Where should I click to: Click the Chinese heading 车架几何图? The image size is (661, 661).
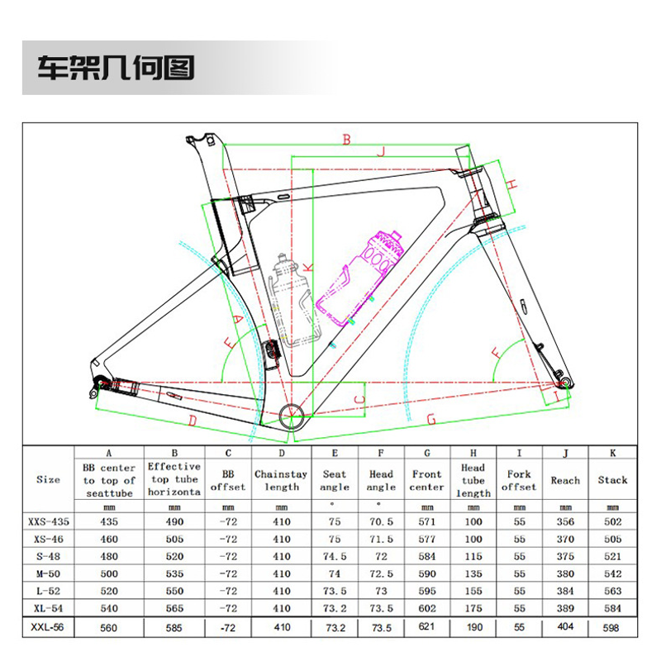click(116, 68)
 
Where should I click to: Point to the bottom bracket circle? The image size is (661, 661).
click(292, 416)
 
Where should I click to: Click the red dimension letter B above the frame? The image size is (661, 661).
click(346, 139)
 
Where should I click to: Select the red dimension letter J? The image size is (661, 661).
click(381, 151)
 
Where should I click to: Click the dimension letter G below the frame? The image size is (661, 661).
click(430, 420)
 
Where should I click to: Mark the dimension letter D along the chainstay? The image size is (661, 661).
click(193, 421)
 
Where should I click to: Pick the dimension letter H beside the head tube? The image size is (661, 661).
click(511, 184)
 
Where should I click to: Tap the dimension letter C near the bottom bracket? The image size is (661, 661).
click(359, 399)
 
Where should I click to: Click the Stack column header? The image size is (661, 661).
click(612, 480)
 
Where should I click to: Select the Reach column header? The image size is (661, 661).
click(565, 481)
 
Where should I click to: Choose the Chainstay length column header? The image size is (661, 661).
click(281, 481)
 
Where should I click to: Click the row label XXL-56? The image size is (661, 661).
click(47, 627)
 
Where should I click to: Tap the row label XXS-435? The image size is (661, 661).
click(49, 522)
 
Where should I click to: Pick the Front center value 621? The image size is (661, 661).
click(426, 626)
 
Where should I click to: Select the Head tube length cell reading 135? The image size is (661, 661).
click(473, 573)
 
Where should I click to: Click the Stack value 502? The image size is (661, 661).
click(612, 522)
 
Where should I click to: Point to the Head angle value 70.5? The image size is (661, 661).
click(381, 522)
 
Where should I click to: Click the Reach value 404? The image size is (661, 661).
click(565, 626)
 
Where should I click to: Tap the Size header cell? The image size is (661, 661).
click(48, 480)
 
